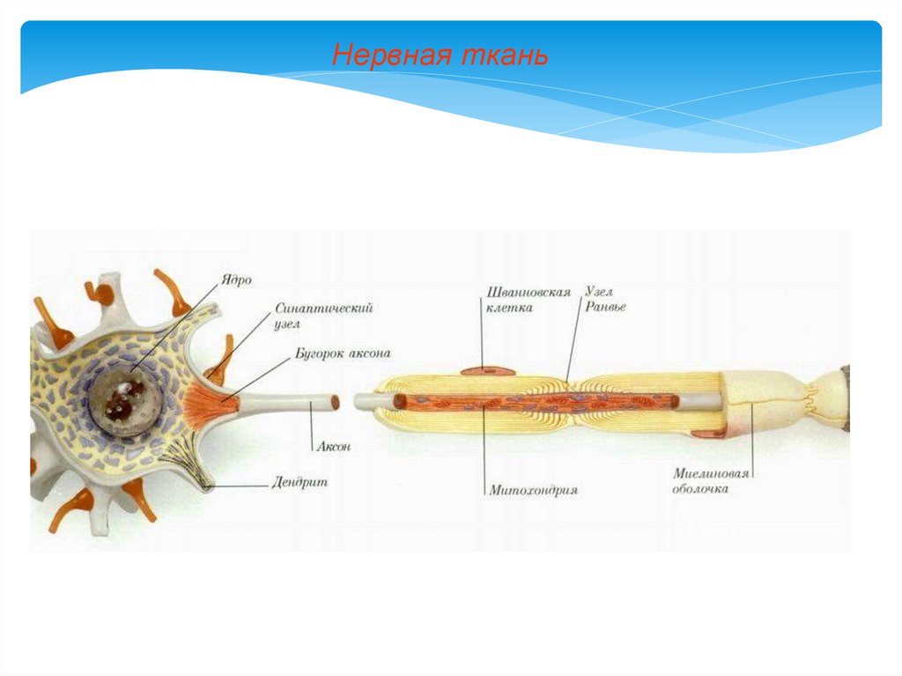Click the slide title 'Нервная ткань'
pyautogui.click(x=440, y=56)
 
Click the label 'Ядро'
pyautogui.click(x=238, y=280)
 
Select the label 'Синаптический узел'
pyautogui.click(x=312, y=316)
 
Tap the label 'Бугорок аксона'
pyautogui.click(x=342, y=353)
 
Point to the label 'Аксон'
pyautogui.click(x=334, y=447)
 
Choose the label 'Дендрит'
pyautogui.click(x=300, y=483)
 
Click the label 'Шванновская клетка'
pyautogui.click(x=529, y=300)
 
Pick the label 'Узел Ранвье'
pyautogui.click(x=604, y=300)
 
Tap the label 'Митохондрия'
pyautogui.click(x=534, y=490)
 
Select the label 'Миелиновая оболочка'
pyautogui.click(x=711, y=480)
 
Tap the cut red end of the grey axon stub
pyautogui.click(x=335, y=402)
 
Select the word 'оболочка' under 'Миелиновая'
pyautogui.click(x=702, y=488)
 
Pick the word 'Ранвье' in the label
pyautogui.click(x=606, y=308)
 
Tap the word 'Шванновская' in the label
pyautogui.click(x=529, y=292)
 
